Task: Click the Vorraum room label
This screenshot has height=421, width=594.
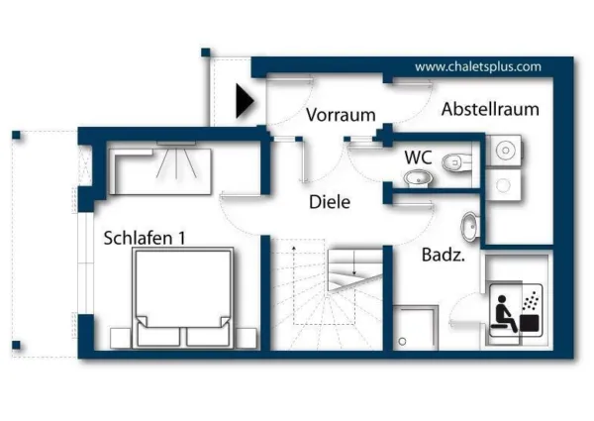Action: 341,115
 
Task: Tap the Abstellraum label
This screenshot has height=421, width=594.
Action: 490,109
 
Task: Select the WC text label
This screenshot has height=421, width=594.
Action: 417,157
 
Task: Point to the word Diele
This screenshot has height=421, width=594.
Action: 330,202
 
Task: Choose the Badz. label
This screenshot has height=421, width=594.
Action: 444,254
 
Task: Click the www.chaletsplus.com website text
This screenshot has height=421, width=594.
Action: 477,67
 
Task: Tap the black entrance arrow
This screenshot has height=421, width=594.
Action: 245,100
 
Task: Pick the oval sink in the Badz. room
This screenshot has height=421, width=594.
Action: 471,226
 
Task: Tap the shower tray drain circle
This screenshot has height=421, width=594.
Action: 403,341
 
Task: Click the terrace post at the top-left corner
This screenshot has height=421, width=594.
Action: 16,134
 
